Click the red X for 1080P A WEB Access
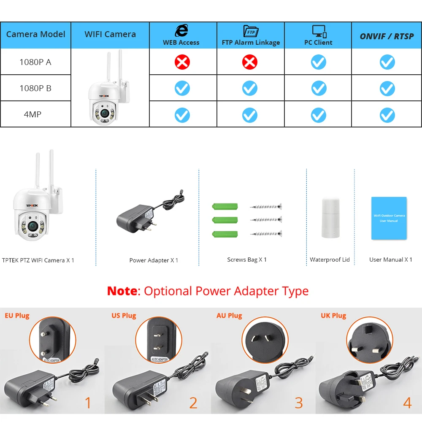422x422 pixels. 182,62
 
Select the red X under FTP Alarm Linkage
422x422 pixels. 249,62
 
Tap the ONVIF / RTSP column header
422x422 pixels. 387,36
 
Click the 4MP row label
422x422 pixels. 32,114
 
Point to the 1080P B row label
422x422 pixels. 35,88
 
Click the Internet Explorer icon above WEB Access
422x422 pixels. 181,31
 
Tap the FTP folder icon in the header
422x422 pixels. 251,31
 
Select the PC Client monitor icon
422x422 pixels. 319,31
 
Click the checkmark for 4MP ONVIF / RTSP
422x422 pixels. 387,115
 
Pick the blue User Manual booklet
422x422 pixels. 389,218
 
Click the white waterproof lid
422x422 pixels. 330,218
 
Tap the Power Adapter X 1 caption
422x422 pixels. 154,260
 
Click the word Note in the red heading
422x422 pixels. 122,291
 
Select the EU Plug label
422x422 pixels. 17,316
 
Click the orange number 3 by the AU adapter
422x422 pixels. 299,403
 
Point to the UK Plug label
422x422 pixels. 333,316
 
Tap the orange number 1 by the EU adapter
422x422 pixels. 88,403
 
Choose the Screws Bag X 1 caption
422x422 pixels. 247,260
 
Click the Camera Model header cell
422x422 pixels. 35,34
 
